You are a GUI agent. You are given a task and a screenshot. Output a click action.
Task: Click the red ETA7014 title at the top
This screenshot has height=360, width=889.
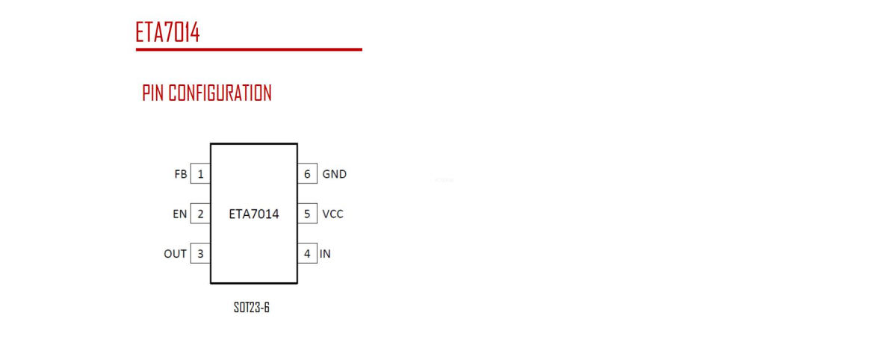click(x=168, y=32)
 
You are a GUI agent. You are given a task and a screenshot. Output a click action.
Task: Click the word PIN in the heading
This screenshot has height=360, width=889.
click(x=152, y=93)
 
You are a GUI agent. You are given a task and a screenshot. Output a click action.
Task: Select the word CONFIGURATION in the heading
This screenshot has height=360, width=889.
click(x=220, y=93)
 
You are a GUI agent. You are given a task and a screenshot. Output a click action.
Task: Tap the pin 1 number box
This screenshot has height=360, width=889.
click(x=201, y=174)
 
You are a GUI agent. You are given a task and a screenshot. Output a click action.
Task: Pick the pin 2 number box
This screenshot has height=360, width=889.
click(x=201, y=214)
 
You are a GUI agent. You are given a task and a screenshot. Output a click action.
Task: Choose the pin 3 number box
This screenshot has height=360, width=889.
click(x=201, y=254)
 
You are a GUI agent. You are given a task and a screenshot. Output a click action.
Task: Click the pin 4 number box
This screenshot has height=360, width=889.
click(x=307, y=254)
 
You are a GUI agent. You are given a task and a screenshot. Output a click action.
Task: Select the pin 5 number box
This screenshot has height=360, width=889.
click(x=307, y=214)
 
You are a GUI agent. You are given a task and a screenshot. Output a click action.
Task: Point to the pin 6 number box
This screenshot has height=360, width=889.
click(x=307, y=174)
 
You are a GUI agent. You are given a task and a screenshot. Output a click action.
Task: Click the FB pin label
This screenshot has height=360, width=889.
click(x=180, y=174)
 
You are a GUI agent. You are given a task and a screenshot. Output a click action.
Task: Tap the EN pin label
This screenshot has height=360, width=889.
click(x=180, y=214)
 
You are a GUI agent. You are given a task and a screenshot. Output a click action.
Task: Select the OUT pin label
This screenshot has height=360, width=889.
click(x=176, y=254)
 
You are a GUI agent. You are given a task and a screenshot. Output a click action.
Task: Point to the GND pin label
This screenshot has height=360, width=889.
click(x=335, y=174)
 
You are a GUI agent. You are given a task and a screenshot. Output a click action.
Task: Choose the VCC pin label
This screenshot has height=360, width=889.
click(x=332, y=214)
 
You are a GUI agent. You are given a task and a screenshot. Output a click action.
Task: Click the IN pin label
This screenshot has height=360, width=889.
click(x=325, y=254)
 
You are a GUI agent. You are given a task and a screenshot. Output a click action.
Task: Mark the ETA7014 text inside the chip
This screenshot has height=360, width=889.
click(x=254, y=214)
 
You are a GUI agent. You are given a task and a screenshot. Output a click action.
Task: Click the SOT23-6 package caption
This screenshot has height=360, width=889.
click(x=252, y=308)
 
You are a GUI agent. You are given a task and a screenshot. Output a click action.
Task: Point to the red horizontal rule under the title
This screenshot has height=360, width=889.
click(x=249, y=50)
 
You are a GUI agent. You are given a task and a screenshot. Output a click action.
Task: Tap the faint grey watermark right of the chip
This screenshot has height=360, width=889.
click(x=444, y=180)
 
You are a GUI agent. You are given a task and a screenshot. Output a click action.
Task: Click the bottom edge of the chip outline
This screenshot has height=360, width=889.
click(x=254, y=282)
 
